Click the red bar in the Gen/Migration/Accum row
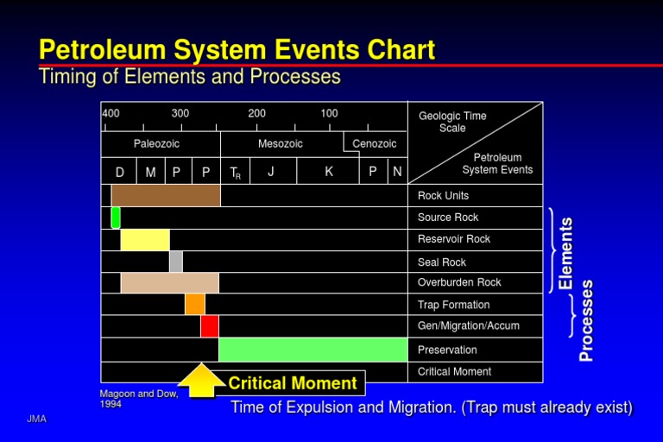pos(209,326)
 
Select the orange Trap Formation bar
pos(195,304)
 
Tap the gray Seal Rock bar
pos(175,261)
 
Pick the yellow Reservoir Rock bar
pos(145,239)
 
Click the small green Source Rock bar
pos(116,218)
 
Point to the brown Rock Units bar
pos(166,195)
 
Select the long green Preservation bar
pos(313,350)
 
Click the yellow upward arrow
pos(201,381)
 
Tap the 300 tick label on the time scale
pos(180,113)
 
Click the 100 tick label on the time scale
pos(329,113)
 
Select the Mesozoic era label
pos(281,144)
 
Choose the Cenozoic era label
pos(375,144)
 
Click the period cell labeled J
pos(271,172)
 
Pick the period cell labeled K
pos(329,172)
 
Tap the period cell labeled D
pos(120,172)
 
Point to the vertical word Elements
pos(565,253)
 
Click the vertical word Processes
pos(587,319)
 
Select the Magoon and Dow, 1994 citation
pos(139,399)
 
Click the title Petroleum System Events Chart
pos(237,49)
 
